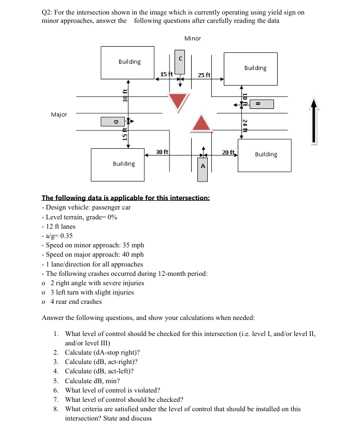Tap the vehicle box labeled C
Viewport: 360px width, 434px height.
180,62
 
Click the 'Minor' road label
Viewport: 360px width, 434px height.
192,38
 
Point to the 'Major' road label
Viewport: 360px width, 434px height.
59,114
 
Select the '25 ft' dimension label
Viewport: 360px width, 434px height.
204,75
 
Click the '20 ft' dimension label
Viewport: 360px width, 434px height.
228,152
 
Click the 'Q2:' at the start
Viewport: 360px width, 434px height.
48,12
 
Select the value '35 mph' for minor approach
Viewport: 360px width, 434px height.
132,245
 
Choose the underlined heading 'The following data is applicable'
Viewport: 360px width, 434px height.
125,198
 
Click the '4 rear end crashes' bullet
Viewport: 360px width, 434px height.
72,301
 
